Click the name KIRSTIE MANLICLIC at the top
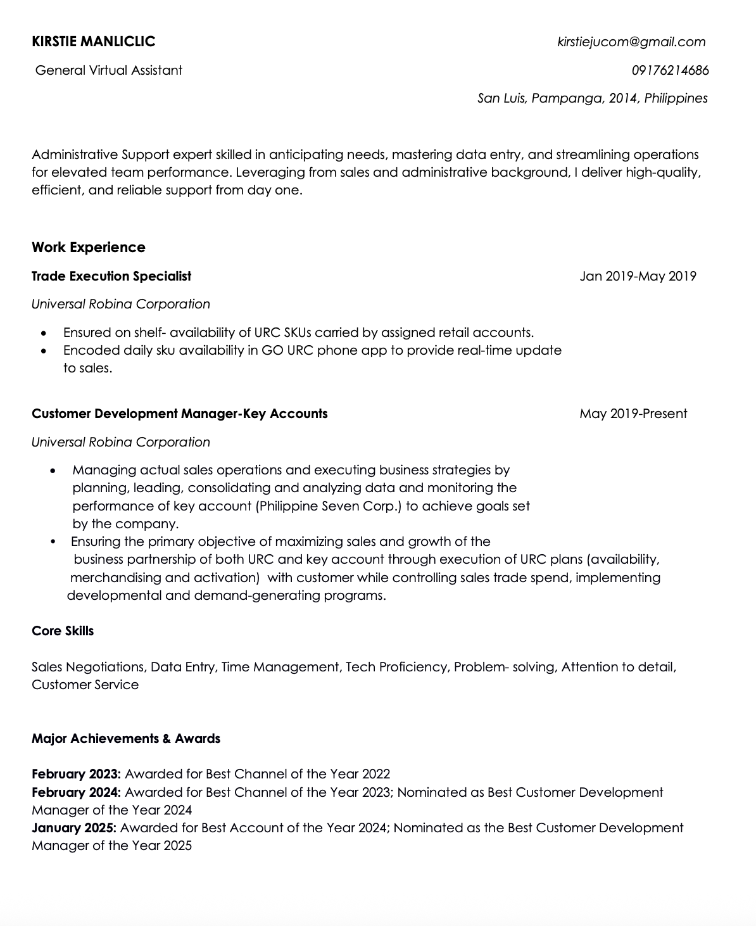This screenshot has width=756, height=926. point(93,42)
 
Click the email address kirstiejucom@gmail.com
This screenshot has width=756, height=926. point(631,42)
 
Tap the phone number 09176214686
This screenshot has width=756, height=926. point(670,70)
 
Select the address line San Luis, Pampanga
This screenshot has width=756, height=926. point(592,98)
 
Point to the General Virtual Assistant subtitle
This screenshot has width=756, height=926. point(109,70)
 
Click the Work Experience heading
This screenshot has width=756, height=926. point(89,247)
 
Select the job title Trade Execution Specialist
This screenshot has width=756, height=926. point(111,276)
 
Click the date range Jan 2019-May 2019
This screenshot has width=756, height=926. point(638,276)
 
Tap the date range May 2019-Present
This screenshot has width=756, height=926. point(633,414)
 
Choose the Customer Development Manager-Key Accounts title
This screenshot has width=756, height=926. point(180,414)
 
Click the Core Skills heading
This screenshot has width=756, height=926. point(63,631)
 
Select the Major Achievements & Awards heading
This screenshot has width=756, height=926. point(126,739)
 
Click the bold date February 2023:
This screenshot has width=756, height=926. point(76,774)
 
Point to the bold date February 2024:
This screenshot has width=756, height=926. point(76,792)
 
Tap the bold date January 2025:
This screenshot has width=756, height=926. point(73,828)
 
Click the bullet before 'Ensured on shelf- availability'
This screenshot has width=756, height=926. point(43,333)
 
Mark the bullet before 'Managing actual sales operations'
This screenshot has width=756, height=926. point(53,471)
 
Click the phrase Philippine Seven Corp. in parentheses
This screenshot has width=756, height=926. point(329,506)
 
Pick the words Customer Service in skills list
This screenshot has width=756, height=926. point(85,685)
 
